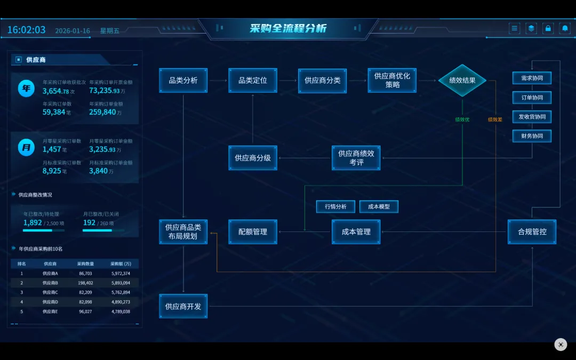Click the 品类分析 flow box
click(183, 81)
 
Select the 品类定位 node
click(253, 81)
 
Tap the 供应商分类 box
click(322, 81)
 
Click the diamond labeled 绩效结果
click(462, 81)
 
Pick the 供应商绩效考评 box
click(356, 158)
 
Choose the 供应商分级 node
click(253, 158)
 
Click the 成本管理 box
click(356, 232)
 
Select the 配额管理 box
click(253, 232)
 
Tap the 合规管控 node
click(532, 232)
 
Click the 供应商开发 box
click(183, 306)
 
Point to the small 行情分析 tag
click(335, 206)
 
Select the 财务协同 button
click(532, 136)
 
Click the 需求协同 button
click(532, 78)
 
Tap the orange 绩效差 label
click(495, 119)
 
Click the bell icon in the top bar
click(565, 28)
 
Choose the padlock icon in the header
click(548, 28)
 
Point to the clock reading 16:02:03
click(26, 30)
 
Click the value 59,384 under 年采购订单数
click(54, 112)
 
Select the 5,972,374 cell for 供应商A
click(121, 274)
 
